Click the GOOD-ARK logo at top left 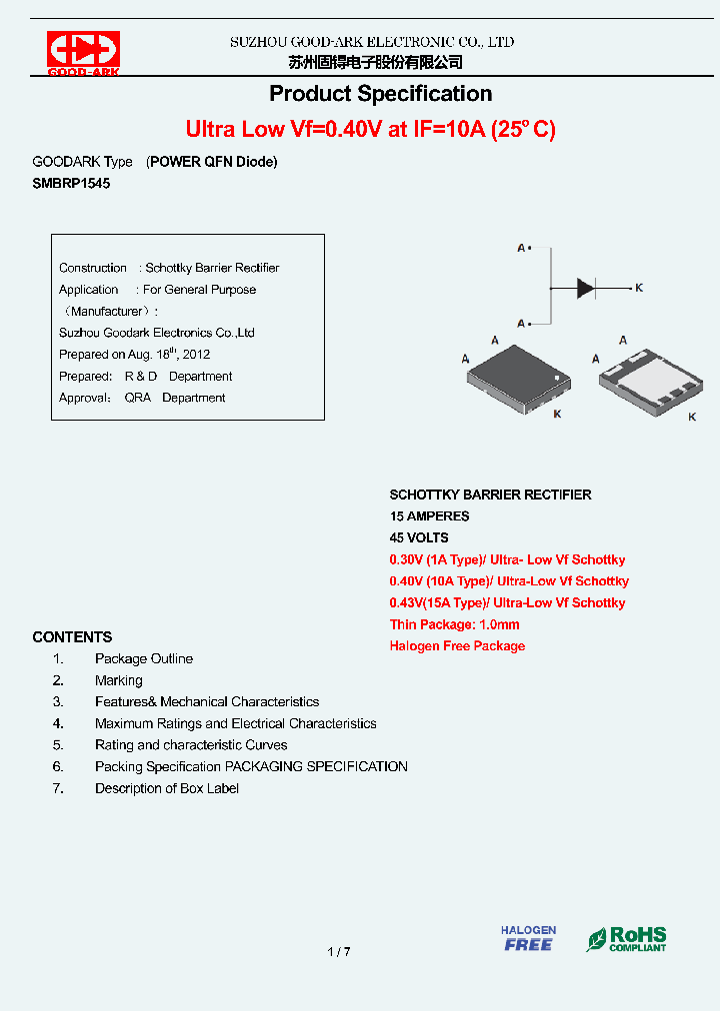(83, 53)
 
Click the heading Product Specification (380, 94)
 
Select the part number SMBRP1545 (71, 184)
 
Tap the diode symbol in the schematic (586, 288)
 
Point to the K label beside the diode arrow (639, 288)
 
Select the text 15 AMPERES (429, 516)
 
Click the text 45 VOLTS (419, 537)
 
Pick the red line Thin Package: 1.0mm (454, 624)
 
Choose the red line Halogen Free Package (457, 646)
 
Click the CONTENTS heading (72, 637)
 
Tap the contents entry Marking (119, 680)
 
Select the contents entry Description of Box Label (167, 788)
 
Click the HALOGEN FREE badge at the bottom (528, 938)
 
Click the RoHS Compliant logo (627, 939)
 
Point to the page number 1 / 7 (339, 952)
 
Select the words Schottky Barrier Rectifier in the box (212, 268)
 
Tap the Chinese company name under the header (375, 62)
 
